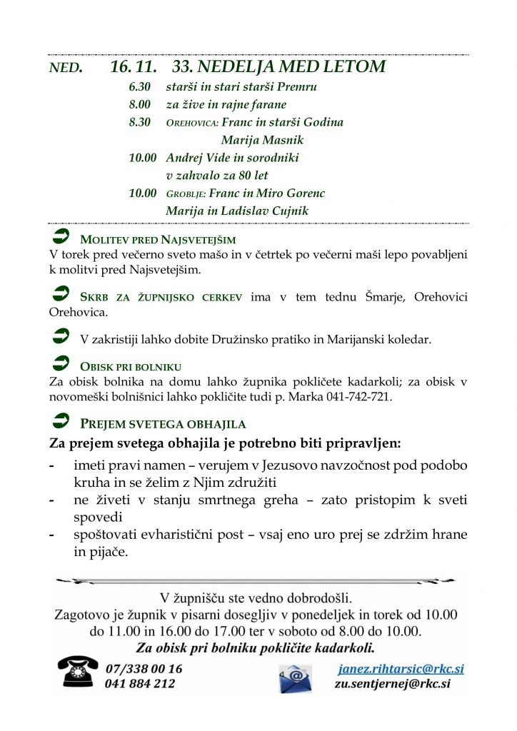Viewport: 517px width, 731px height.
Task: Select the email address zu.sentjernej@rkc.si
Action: (392, 683)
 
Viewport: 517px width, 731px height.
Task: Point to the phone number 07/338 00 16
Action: (144, 669)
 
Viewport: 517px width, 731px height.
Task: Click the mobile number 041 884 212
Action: (140, 683)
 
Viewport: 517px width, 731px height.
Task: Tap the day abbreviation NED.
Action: (66, 69)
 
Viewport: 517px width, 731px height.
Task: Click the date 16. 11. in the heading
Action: (134, 67)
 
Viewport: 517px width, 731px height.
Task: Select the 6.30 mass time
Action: (140, 87)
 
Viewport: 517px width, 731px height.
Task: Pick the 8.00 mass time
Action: (140, 104)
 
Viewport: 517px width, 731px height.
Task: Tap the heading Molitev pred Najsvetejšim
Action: (158, 240)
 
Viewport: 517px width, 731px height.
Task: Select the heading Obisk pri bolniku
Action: (131, 367)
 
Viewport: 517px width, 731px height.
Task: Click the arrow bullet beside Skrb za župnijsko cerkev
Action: (61, 294)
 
